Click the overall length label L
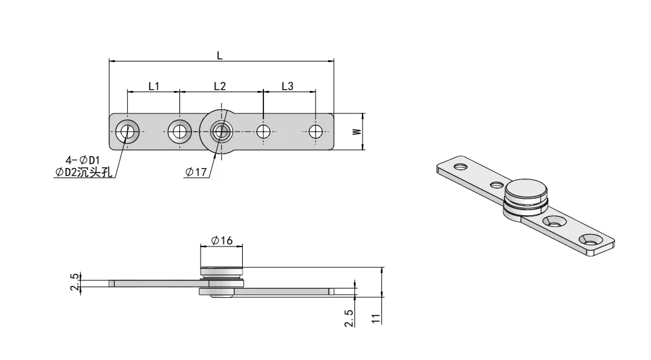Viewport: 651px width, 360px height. (220, 55)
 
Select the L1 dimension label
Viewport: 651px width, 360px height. (154, 86)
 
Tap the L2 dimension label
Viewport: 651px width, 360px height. (220, 86)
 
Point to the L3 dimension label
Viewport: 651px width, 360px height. (287, 86)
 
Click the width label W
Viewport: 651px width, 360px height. (356, 132)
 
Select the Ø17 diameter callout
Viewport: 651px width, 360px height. (196, 172)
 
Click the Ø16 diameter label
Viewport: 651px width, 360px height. (223, 240)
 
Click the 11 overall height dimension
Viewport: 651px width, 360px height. (375, 318)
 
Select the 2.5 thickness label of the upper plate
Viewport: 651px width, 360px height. (75, 282)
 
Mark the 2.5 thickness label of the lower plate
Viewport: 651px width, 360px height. (349, 317)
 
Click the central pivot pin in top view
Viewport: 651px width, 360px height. (220, 132)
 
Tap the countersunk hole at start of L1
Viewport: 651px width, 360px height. (128, 132)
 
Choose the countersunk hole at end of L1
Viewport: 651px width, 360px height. (180, 132)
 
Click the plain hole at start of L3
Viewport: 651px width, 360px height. (264, 132)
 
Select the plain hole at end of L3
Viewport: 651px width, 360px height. (315, 132)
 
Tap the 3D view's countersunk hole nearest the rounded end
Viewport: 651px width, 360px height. (591, 239)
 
